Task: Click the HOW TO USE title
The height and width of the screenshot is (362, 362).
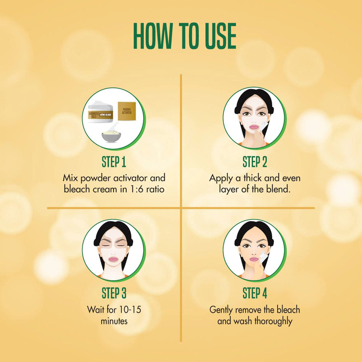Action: click(185, 37)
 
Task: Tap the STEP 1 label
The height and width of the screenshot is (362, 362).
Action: click(114, 162)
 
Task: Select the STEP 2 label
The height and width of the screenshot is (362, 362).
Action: click(254, 162)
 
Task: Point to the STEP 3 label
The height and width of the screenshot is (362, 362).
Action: click(114, 293)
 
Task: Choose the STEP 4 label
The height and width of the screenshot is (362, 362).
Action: click(254, 293)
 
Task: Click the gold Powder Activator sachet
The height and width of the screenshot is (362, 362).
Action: click(127, 111)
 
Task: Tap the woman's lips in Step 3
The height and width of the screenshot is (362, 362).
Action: click(113, 259)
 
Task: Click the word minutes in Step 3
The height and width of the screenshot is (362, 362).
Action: click(114, 321)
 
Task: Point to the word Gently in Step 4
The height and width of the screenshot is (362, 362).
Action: click(222, 310)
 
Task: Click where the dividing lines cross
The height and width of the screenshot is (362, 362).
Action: click(181, 208)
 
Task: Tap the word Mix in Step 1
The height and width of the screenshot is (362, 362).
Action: click(70, 178)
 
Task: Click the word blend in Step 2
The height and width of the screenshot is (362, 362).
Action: click(280, 189)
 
